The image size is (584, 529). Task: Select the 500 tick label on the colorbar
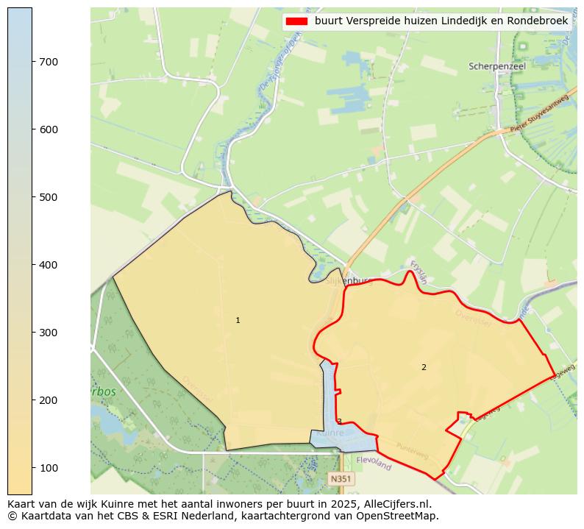coord(48,197)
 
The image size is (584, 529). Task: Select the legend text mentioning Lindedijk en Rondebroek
coord(441,21)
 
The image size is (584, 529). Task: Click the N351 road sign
coord(341,479)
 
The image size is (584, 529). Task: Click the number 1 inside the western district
coord(238,321)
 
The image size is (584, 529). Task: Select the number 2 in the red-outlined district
coord(424,367)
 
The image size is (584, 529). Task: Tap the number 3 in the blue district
coord(339,422)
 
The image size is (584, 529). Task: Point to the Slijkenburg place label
coord(339,280)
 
